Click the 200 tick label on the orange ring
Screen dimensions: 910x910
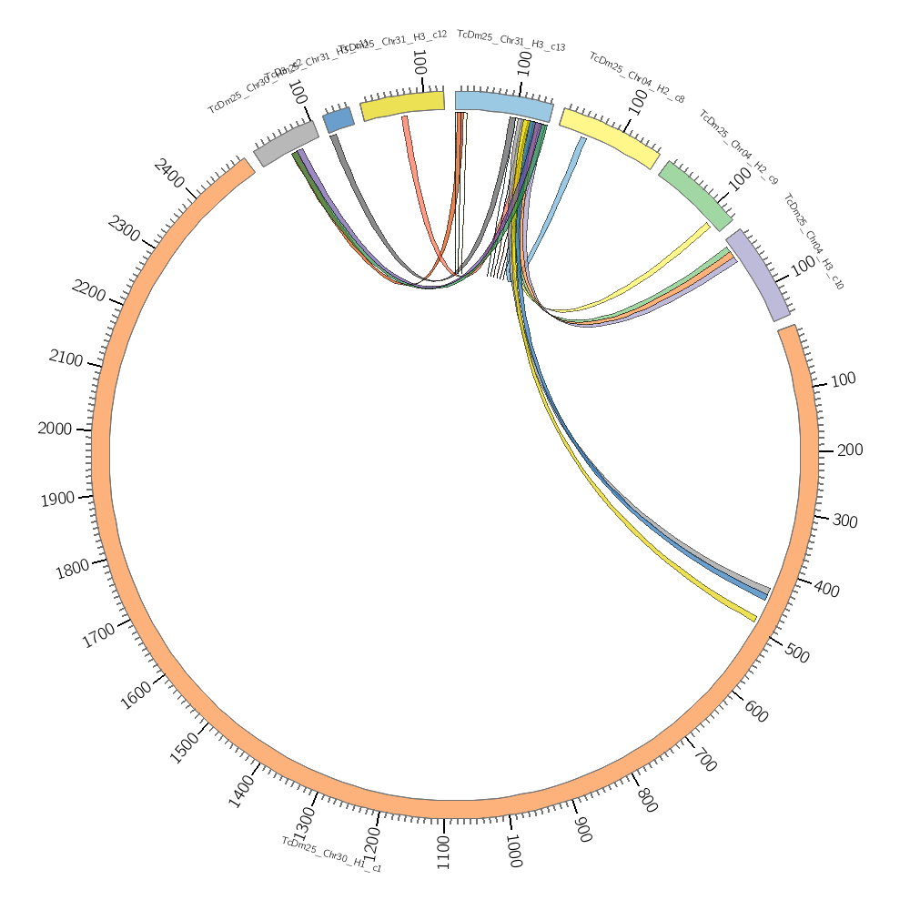click(849, 450)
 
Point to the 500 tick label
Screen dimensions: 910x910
click(796, 654)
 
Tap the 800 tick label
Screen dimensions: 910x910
click(647, 801)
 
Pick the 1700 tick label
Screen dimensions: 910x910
click(98, 635)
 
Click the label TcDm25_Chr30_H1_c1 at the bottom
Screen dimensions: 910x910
click(331, 854)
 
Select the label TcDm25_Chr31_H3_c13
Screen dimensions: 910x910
click(511, 40)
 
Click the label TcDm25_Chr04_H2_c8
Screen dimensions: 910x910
click(637, 77)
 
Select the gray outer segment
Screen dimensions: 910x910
click(287, 143)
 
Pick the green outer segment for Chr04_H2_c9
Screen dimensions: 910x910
click(695, 196)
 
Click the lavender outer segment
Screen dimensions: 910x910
click(758, 275)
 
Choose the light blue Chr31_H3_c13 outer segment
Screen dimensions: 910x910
click(503, 106)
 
